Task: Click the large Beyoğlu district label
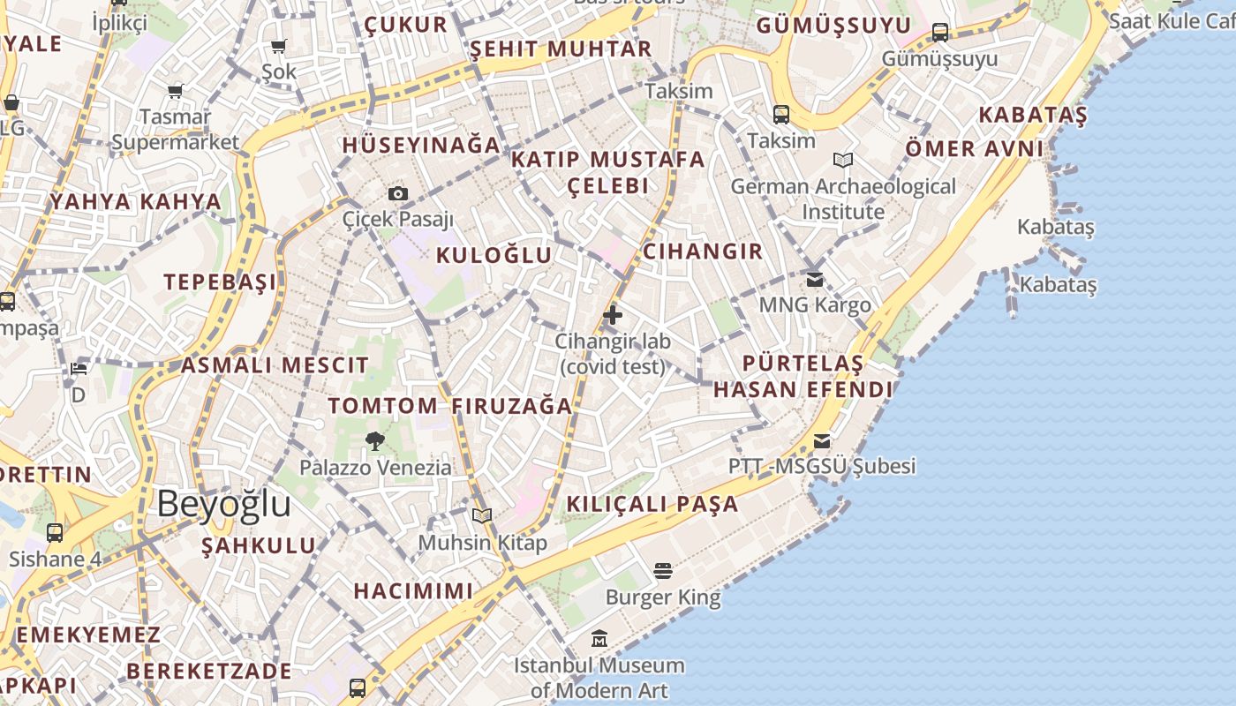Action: click(x=224, y=504)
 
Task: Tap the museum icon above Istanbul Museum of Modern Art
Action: click(x=600, y=638)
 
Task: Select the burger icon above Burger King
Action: click(x=663, y=571)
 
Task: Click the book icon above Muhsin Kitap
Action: click(x=481, y=515)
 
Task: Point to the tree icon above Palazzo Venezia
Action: click(x=375, y=440)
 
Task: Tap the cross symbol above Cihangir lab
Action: click(x=612, y=314)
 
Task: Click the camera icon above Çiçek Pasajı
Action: click(x=398, y=193)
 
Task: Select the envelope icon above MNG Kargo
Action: click(x=815, y=279)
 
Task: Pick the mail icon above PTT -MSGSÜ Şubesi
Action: click(x=822, y=440)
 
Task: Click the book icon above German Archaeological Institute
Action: click(x=843, y=160)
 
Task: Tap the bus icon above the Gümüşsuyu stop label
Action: click(x=940, y=33)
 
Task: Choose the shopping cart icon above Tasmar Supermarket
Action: click(x=176, y=91)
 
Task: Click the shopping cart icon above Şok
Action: click(x=279, y=46)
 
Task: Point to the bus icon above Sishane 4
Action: click(x=55, y=532)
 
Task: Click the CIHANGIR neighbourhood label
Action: click(x=703, y=252)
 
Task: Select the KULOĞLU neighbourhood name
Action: click(x=494, y=256)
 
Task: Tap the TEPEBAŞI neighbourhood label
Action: click(x=220, y=282)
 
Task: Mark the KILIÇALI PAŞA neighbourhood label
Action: click(x=652, y=505)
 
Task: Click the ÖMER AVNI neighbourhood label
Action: click(x=974, y=149)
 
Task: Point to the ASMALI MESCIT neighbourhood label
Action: click(x=275, y=365)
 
